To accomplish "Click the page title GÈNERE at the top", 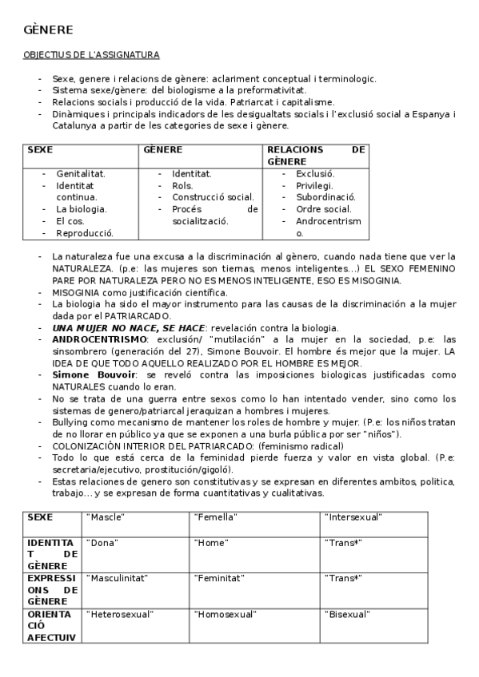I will (x=48, y=30).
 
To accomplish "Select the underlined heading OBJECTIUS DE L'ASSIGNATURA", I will (x=91, y=55).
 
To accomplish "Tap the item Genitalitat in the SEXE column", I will (x=80, y=173).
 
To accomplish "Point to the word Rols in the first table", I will (x=182, y=185).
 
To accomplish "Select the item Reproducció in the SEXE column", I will (x=84, y=233).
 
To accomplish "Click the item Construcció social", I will (x=213, y=197).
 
